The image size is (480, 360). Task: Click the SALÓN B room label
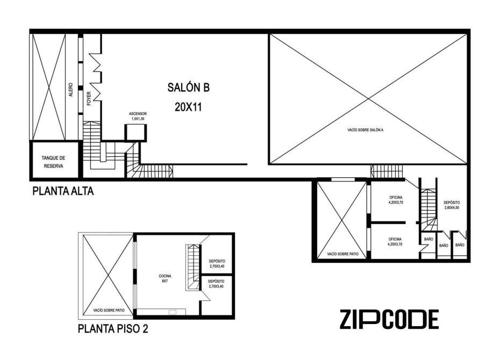188,88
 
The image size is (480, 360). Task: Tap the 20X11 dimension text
188,107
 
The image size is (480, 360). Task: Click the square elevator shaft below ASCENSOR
135,133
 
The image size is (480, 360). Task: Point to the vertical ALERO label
71,90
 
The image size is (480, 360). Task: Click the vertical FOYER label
89,98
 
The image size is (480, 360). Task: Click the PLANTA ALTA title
63,191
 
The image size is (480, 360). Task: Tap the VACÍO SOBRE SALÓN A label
366,130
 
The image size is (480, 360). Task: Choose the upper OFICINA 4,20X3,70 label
396,200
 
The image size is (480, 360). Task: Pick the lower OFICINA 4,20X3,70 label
395,242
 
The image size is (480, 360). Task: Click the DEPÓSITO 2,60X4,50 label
452,205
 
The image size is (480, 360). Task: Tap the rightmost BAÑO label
460,245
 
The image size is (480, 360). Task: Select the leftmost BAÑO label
428,239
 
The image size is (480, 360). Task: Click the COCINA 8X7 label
165,278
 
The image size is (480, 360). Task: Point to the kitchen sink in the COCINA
173,312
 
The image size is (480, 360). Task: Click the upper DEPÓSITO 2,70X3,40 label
217,264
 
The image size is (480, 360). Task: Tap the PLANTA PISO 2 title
113,329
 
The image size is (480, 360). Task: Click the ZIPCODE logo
389,319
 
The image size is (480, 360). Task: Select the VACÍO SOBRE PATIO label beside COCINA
109,310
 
